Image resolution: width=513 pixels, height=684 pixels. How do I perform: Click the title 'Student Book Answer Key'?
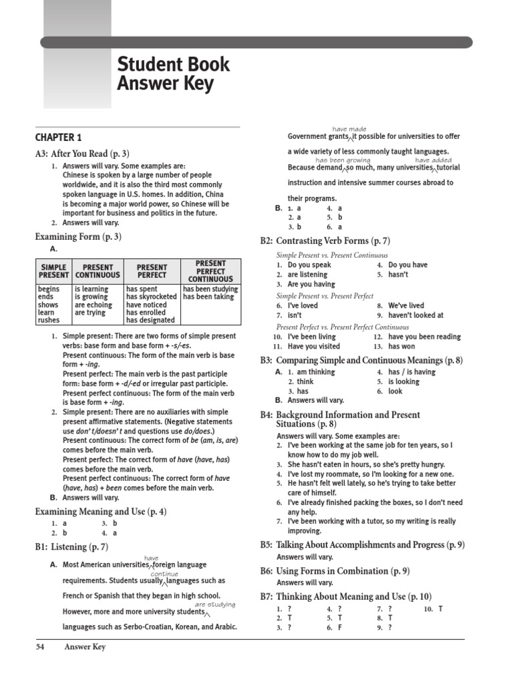coord(173,74)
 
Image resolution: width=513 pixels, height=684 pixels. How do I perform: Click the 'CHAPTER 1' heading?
coord(58,138)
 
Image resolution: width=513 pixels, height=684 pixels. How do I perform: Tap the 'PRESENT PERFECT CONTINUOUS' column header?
coord(210,271)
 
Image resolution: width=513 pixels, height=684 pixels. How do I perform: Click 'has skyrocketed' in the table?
coord(152,297)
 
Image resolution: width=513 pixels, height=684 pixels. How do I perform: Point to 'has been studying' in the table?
coord(210,289)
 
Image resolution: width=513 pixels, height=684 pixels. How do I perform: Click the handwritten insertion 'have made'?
coord(349,129)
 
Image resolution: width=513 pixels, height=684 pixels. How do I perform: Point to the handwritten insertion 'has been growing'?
coord(343,160)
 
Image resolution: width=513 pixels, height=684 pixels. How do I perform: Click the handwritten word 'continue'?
coord(164,574)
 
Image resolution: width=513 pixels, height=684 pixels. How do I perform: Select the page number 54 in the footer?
coord(41,647)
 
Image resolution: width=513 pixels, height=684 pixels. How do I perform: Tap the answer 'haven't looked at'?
coord(415,315)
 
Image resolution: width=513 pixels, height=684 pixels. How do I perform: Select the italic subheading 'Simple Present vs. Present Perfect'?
coord(325,296)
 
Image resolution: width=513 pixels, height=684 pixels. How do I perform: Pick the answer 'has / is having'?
coord(411,372)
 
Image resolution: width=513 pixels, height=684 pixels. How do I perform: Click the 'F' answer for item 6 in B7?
coord(339,628)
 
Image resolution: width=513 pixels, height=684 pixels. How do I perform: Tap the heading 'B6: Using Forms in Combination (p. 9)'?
coord(335,571)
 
